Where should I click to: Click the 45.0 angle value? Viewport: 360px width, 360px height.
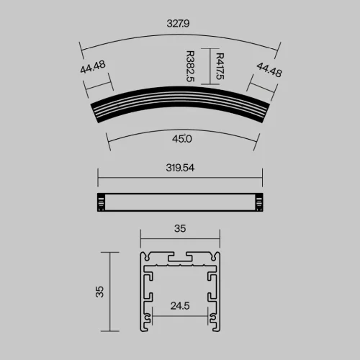click(182, 138)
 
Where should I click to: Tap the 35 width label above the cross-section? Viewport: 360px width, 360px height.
click(180, 229)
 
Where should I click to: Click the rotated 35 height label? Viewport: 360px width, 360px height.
click(100, 292)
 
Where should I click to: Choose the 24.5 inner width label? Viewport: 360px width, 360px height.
click(180, 305)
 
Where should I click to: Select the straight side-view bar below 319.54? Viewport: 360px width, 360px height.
click(180, 203)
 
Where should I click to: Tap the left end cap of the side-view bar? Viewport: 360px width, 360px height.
click(101, 203)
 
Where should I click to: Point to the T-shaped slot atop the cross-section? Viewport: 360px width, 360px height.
click(180, 257)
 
